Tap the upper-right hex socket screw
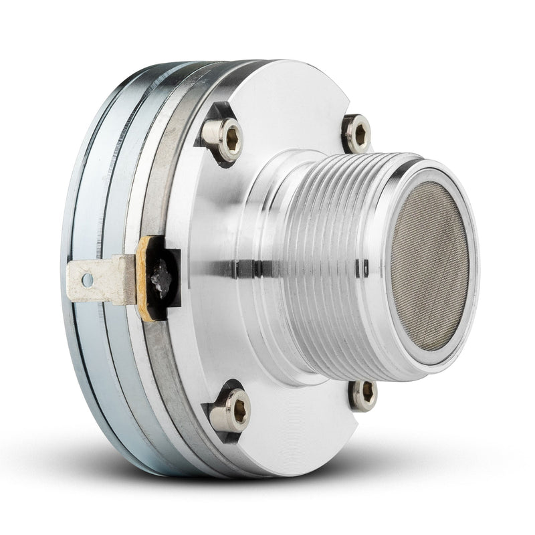pos(358,133)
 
